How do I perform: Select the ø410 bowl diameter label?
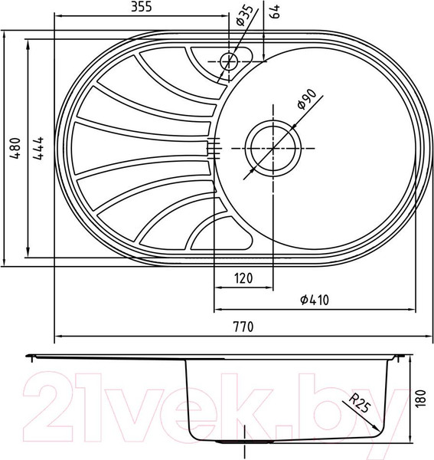pyautogui.click(x=314, y=301)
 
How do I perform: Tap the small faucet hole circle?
pyautogui.click(x=227, y=60)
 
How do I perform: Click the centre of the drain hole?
pyautogui.click(x=272, y=143)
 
